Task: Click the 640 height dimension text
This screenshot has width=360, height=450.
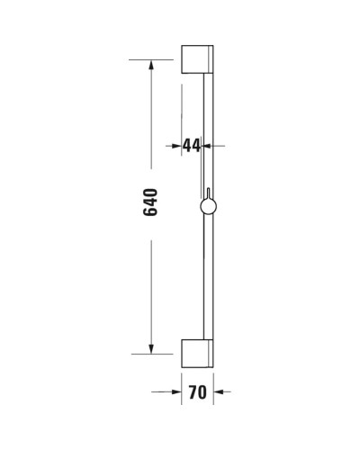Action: (151, 202)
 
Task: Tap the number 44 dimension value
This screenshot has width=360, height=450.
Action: (191, 146)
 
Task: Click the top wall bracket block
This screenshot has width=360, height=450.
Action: (196, 59)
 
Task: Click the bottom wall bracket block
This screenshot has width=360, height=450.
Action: (196, 354)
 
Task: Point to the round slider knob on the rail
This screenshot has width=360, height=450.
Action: (208, 209)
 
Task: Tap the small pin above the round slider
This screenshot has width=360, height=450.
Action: (208, 195)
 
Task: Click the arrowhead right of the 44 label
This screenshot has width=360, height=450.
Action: (220, 146)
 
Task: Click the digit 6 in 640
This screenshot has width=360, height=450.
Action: (151, 211)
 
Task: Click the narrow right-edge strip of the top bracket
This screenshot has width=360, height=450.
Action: (212, 59)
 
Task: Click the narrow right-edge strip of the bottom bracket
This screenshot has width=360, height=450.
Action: (212, 354)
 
